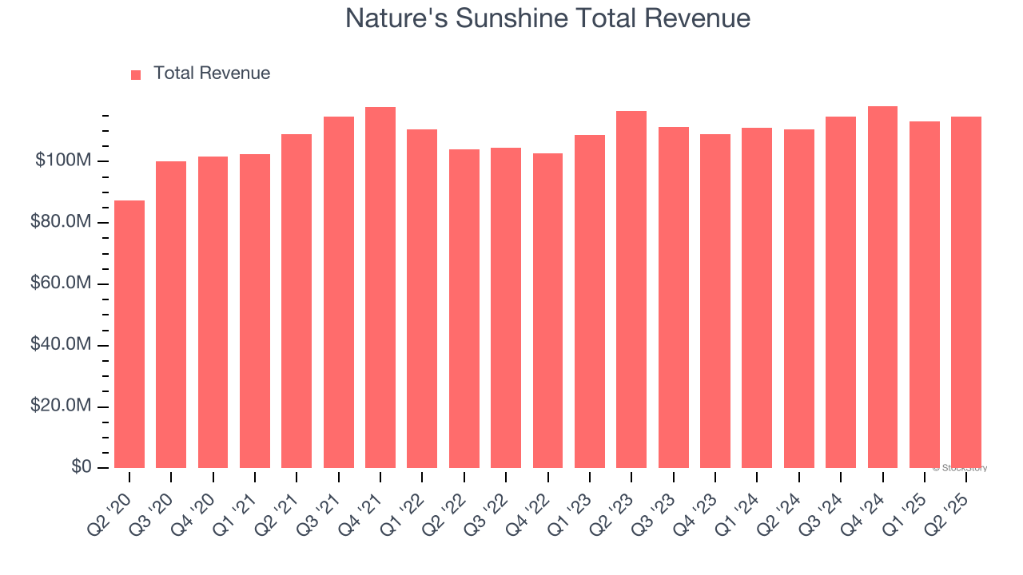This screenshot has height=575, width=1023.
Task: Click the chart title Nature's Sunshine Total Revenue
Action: pyautogui.click(x=547, y=18)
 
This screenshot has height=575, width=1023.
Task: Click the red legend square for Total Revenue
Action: pyautogui.click(x=136, y=74)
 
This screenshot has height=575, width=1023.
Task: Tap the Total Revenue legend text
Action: pyautogui.click(x=212, y=73)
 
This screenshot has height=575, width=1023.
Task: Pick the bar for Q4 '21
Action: pyautogui.click(x=380, y=287)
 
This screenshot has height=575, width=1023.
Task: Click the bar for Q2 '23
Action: pyautogui.click(x=631, y=289)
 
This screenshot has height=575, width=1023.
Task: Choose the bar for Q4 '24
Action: pyautogui.click(x=882, y=287)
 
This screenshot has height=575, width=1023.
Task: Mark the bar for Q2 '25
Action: pyautogui.click(x=966, y=292)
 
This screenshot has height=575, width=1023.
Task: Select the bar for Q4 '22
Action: pyautogui.click(x=547, y=311)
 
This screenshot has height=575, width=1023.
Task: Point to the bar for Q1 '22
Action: pyautogui.click(x=422, y=299)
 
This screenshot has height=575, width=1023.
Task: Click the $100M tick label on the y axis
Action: pyautogui.click(x=63, y=161)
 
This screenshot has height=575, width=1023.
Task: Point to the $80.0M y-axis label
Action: pyautogui.click(x=61, y=222)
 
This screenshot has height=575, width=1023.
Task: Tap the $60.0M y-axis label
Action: pyautogui.click(x=61, y=284)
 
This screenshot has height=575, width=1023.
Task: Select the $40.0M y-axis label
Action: pyautogui.click(x=61, y=345)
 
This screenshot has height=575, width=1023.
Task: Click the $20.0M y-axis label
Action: pyautogui.click(x=61, y=406)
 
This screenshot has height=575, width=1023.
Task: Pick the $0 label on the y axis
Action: pyautogui.click(x=81, y=467)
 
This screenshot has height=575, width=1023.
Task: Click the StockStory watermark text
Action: pyautogui.click(x=960, y=468)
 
